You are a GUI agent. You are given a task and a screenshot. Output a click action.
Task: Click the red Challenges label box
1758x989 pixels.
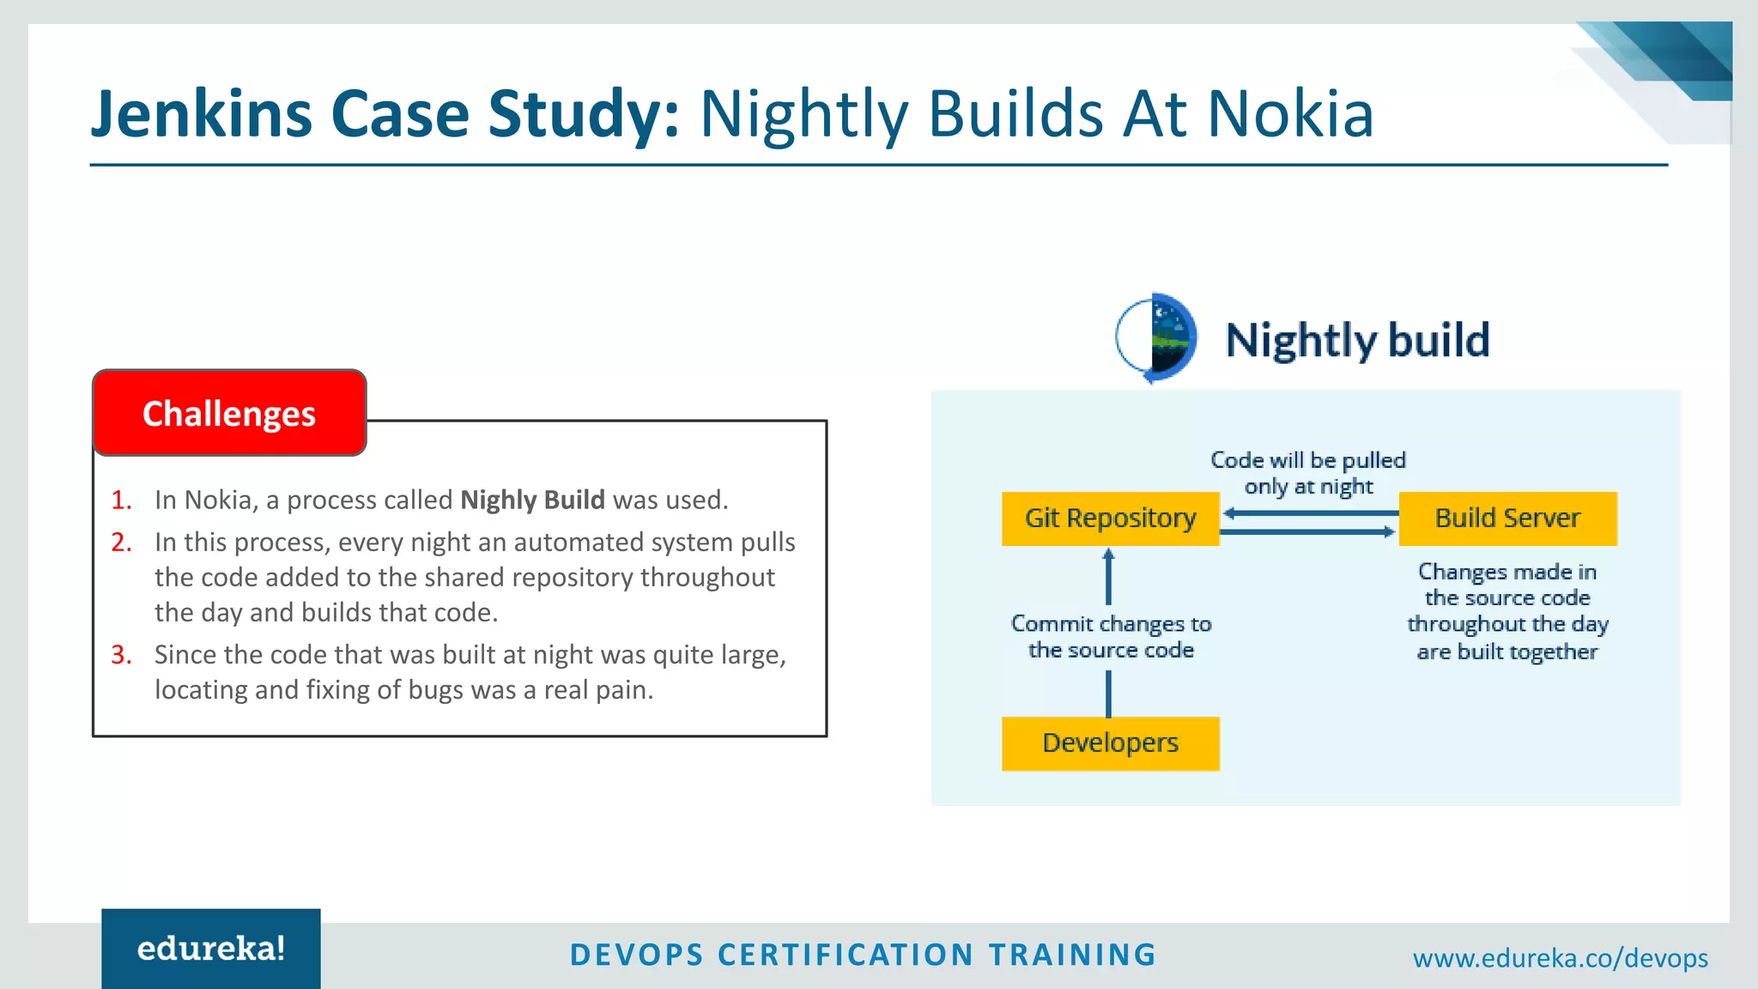pos(229,413)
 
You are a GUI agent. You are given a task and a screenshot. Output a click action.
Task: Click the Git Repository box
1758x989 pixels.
pos(1110,519)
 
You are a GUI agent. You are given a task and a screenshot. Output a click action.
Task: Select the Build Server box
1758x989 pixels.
pos(1507,519)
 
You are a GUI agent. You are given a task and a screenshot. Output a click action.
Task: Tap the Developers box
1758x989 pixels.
pos(1110,743)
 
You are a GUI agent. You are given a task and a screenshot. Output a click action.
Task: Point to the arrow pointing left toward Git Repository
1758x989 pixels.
pos(1310,513)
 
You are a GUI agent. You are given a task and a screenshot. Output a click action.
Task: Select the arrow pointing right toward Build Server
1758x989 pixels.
pos(1308,532)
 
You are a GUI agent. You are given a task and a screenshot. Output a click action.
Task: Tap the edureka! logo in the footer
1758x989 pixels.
pos(211,950)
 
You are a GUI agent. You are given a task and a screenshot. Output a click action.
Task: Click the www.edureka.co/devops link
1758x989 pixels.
pos(1560,958)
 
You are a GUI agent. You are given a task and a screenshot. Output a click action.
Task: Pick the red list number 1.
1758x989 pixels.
pos(121,501)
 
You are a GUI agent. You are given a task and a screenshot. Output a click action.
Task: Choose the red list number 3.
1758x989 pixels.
pos(121,655)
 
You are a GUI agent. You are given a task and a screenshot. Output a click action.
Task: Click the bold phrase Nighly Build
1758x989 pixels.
pos(532,501)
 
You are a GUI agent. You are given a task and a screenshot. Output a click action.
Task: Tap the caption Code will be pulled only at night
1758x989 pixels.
pos(1307,473)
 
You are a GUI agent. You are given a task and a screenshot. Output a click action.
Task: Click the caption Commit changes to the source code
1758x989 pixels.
pos(1111,637)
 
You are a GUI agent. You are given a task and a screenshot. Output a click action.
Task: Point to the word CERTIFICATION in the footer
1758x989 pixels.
pos(846,955)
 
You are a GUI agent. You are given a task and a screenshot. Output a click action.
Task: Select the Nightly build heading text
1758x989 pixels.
pos(1357,340)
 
